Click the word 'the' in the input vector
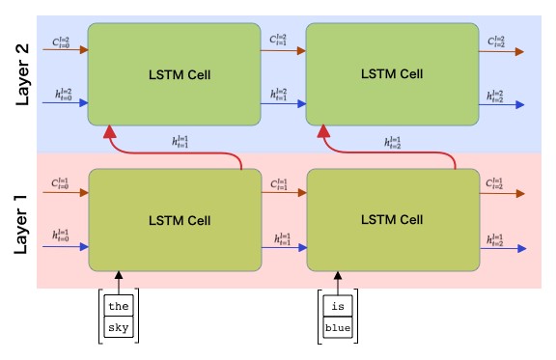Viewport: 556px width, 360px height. click(118, 307)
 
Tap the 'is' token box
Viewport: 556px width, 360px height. click(337, 307)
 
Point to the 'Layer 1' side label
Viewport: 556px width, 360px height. click(21, 223)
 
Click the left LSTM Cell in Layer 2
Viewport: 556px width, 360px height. click(174, 74)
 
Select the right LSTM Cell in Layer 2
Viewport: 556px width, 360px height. click(392, 74)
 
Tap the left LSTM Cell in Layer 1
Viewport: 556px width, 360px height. click(174, 221)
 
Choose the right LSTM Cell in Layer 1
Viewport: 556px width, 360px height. click(392, 221)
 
